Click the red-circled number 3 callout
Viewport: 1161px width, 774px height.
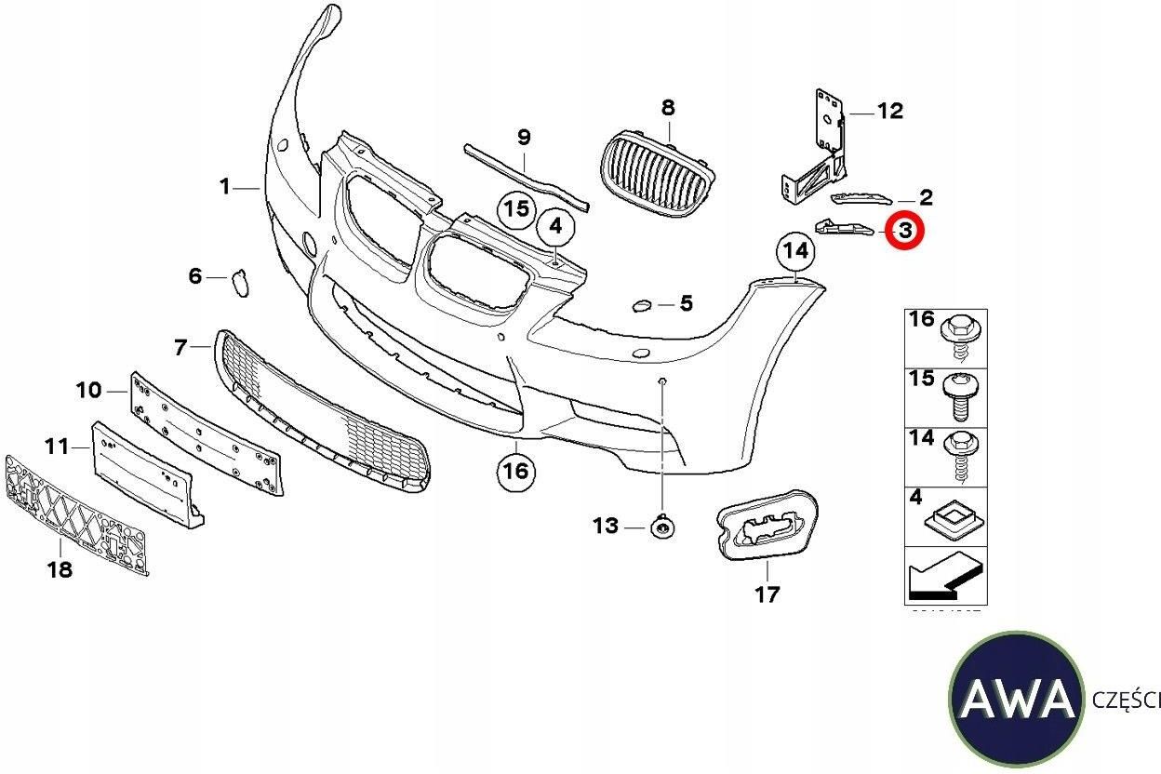tap(903, 230)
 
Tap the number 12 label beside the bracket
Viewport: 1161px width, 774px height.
tap(889, 112)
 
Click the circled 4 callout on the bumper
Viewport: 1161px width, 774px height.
tap(555, 225)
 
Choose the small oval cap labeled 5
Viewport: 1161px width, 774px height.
tap(642, 304)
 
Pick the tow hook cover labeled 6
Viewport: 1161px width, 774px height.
tap(240, 281)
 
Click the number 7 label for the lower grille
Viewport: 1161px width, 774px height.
tap(180, 348)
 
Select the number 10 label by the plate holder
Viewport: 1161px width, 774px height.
tap(88, 390)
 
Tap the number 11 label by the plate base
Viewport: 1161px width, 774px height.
tap(57, 447)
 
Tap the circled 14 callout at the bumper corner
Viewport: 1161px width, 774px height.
tap(795, 250)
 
